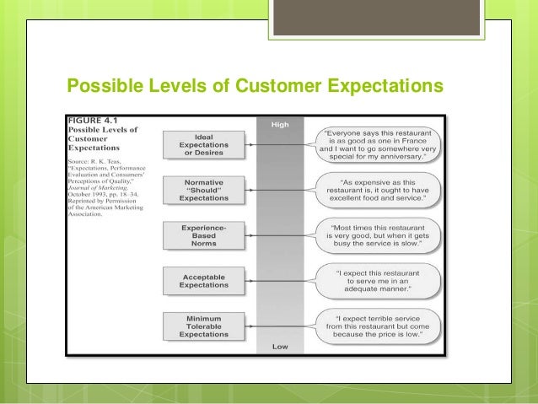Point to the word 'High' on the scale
(x=280, y=125)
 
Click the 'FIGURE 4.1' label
(x=94, y=119)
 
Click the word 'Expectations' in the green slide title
(x=373, y=87)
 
